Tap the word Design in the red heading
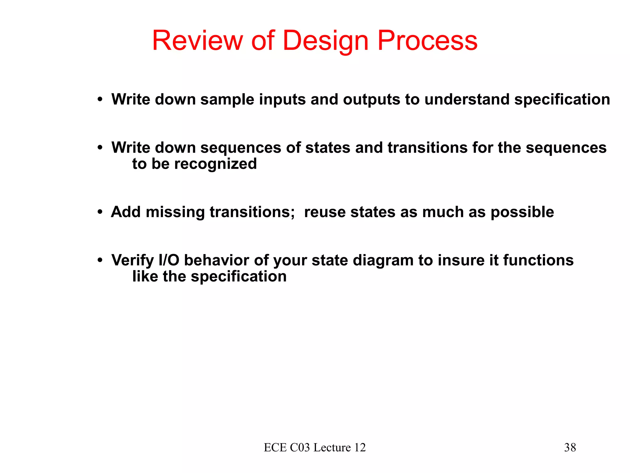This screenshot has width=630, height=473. click(x=325, y=41)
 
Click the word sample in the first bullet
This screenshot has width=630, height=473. click(x=227, y=99)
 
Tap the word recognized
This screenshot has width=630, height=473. click(x=215, y=164)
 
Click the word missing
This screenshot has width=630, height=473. click(x=175, y=212)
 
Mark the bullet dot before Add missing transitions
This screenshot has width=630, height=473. click(x=100, y=212)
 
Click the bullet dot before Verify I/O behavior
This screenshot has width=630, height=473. click(x=100, y=261)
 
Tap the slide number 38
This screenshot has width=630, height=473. click(x=570, y=447)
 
